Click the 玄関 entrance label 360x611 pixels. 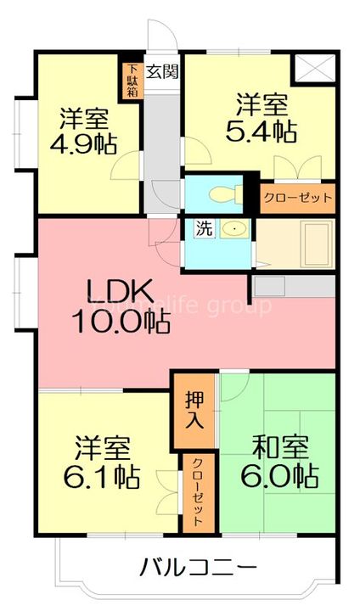pos(162,71)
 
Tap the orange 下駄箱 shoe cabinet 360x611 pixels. pos(132,80)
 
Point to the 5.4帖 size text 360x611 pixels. pos(260,132)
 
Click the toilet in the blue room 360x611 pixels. pos(222,193)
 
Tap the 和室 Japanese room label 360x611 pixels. pos(278,446)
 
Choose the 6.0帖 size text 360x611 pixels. pos(278,474)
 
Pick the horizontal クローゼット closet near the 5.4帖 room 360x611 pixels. pos(296,198)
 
